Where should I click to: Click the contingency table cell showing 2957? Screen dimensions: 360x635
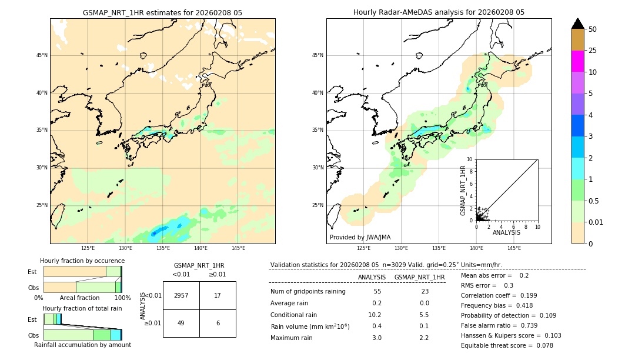pyautogui.click(x=181, y=295)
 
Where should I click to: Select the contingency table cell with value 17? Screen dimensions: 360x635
pyautogui.click(x=218, y=295)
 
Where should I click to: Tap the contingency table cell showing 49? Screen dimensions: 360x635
pyautogui.click(x=181, y=323)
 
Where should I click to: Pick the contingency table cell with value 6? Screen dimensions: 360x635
pyautogui.click(x=218, y=323)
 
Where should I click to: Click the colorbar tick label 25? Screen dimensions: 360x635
pyautogui.click(x=593, y=51)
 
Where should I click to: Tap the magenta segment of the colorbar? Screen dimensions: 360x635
pyautogui.click(x=577, y=61)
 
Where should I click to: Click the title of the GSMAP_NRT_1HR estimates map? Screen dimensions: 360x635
pyautogui.click(x=162, y=12)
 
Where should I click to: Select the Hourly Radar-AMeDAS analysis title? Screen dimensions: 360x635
pyautogui.click(x=439, y=12)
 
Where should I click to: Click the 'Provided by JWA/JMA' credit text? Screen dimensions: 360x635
pyautogui.click(x=360, y=237)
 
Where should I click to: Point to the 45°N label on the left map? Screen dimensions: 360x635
pyautogui.click(x=42, y=55)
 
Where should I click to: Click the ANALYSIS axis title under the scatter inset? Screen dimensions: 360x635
pyautogui.click(x=506, y=232)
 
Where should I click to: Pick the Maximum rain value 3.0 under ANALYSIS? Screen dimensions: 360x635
pyautogui.click(x=377, y=338)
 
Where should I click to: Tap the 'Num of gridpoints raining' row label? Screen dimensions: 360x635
pyautogui.click(x=308, y=292)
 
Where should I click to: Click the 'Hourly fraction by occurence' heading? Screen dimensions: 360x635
pyautogui.click(x=82, y=261)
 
